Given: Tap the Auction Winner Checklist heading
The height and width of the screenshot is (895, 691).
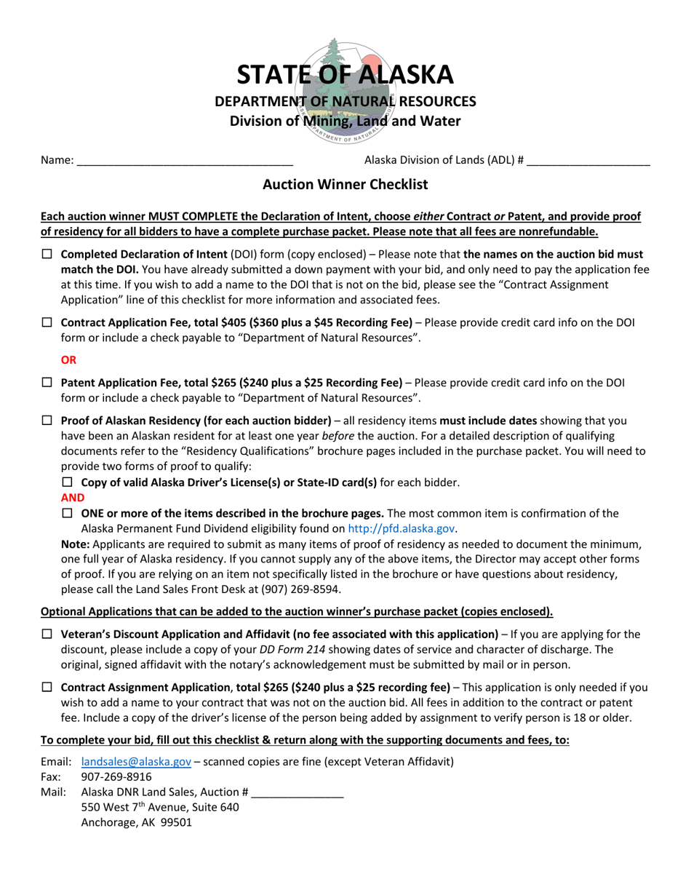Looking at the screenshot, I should (x=345, y=185).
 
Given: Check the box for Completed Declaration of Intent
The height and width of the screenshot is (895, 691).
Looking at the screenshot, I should (x=47, y=255).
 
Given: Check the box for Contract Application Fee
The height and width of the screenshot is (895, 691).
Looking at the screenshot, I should (x=47, y=322).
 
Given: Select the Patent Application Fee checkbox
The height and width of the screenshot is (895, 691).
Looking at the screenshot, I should (x=47, y=383).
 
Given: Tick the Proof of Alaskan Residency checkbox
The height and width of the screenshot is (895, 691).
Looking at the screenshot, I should (x=47, y=421).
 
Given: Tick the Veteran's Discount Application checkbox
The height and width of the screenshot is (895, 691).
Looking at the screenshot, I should (x=47, y=635).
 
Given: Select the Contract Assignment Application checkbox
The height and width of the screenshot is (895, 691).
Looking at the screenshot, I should (x=47, y=688).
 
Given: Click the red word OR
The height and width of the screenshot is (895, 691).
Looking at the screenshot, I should (x=68, y=360).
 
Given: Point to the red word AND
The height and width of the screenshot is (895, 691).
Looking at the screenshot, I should (x=73, y=498).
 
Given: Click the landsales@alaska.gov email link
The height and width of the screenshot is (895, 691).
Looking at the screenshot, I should (x=136, y=762).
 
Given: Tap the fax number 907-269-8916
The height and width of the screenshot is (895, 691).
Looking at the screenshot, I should (x=116, y=777).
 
